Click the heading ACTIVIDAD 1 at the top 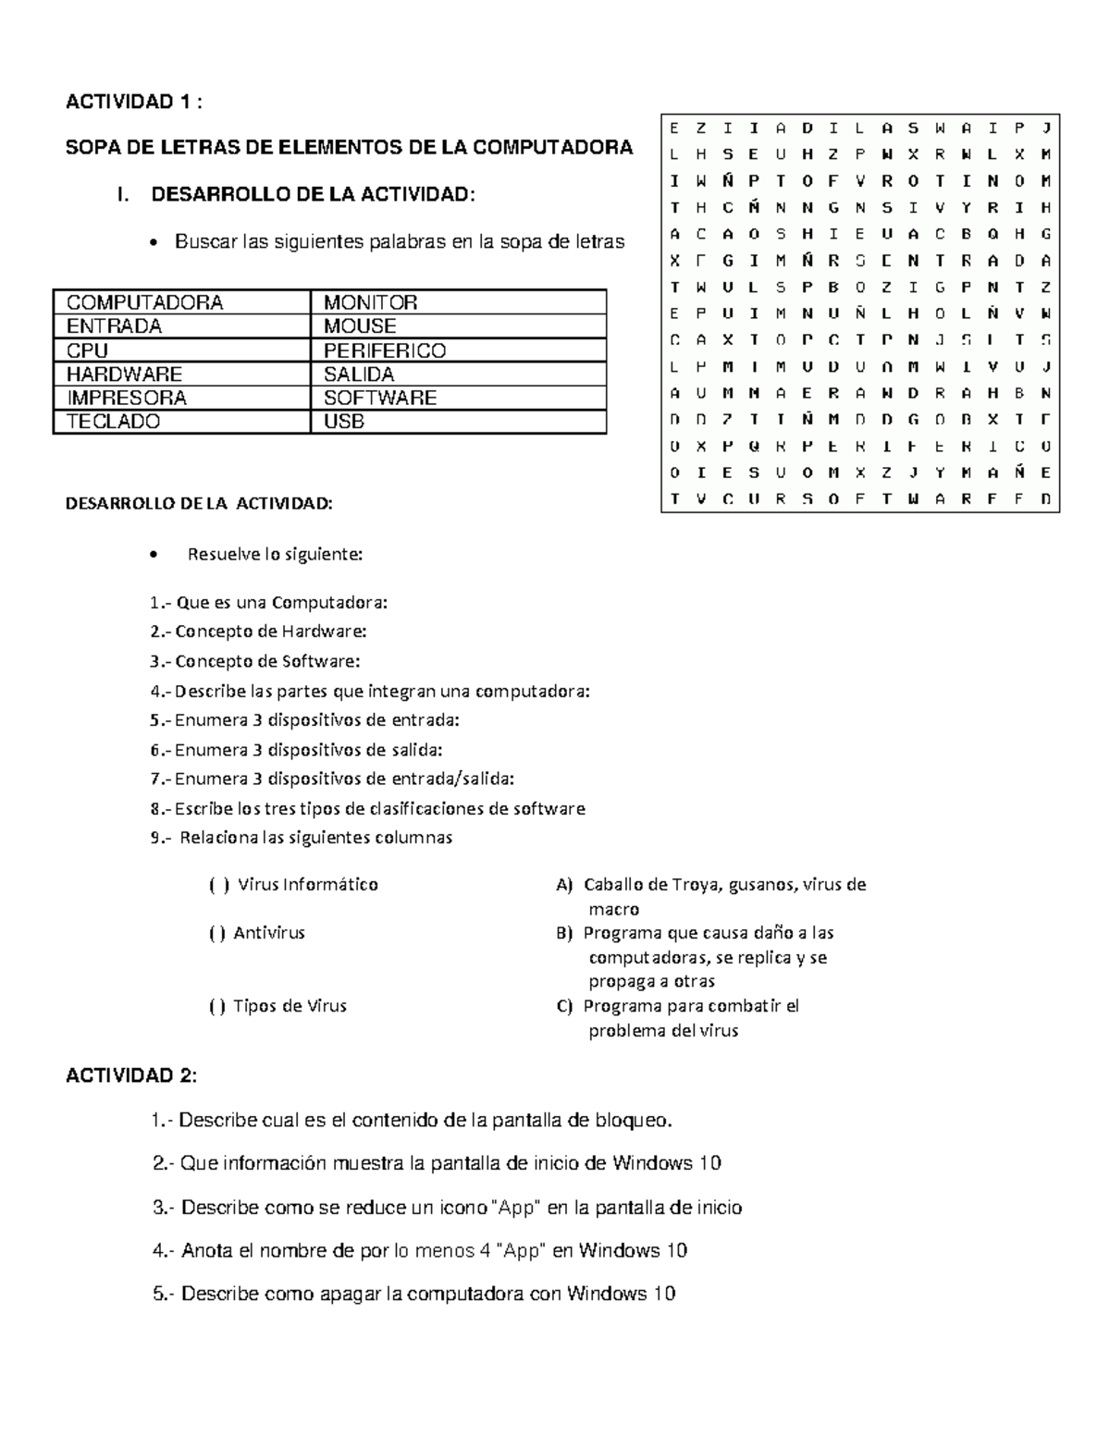[132, 102]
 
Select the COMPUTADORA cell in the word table [144, 302]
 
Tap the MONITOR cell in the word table [370, 302]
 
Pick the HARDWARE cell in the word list [124, 374]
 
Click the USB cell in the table [343, 422]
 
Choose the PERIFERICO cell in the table [384, 350]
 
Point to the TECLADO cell [113, 422]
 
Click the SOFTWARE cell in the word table [379, 398]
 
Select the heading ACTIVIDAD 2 [130, 1076]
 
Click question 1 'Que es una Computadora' [268, 603]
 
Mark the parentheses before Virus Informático [219, 885]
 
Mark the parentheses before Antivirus [217, 933]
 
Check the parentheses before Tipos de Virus [217, 1006]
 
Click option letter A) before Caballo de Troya [564, 885]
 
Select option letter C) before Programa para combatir [564, 1006]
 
